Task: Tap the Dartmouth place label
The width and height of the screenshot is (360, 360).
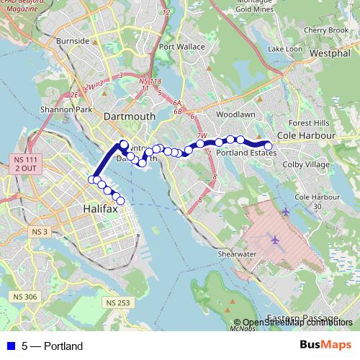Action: click(x=130, y=115)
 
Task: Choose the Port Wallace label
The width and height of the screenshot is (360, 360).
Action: click(x=182, y=47)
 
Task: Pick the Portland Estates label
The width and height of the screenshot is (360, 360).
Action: click(x=246, y=153)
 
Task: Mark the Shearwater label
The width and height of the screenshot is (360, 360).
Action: click(x=237, y=254)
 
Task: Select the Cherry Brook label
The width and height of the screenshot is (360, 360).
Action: click(x=325, y=30)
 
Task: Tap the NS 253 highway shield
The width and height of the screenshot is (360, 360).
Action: click(x=120, y=303)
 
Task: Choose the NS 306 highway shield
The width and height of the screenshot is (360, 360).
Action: click(x=25, y=297)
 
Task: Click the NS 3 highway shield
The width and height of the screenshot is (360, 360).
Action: click(x=40, y=231)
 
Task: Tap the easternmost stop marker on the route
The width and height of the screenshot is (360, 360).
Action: click(x=269, y=146)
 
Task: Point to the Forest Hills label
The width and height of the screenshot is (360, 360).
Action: click(x=308, y=122)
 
